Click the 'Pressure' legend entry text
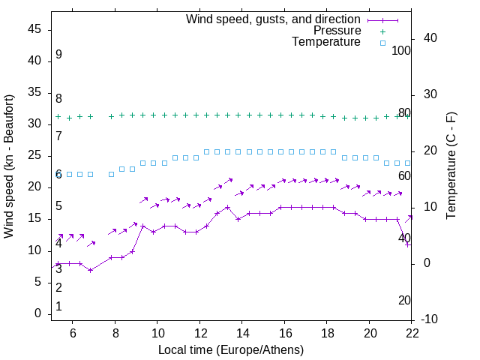337,31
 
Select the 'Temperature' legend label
326,42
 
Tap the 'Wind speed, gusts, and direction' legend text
274,19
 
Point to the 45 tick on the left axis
34,29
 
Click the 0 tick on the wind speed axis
37,313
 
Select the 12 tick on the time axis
200,332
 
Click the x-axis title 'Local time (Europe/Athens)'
232,349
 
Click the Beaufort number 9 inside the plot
58,55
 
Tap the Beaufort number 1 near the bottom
58,307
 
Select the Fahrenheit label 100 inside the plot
402,50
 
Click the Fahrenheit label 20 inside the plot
404,300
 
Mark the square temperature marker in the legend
382,43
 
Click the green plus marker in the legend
382,31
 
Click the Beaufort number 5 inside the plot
58,206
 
